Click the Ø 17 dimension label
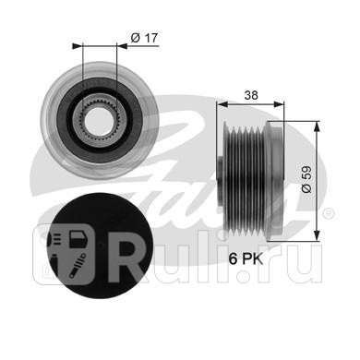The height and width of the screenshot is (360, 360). click(144, 38)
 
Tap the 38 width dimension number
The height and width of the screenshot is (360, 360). click(251, 95)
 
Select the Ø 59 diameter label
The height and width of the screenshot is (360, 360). click(306, 180)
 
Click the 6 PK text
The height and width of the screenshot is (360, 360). click(246, 258)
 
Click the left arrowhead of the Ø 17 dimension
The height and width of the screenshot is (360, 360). click(78, 46)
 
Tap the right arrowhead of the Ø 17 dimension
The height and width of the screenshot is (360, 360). click(123, 46)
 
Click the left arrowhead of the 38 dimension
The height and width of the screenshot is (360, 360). click(222, 104)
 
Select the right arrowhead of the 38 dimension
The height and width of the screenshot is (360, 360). click(279, 104)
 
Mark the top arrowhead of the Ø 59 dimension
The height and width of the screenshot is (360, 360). click(317, 126)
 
